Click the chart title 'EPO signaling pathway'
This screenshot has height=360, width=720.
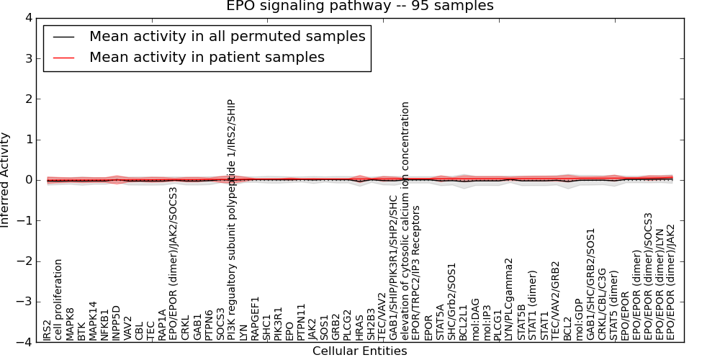360,6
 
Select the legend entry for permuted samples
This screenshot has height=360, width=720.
227,36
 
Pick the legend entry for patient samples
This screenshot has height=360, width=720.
207,57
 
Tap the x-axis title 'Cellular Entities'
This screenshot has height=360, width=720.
359,351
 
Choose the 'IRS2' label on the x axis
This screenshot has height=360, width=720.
47,330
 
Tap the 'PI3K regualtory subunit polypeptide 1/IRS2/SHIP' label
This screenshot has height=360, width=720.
231,220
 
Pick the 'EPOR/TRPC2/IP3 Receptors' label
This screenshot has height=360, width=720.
417,273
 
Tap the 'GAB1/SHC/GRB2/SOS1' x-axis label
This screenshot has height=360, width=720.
590,284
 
